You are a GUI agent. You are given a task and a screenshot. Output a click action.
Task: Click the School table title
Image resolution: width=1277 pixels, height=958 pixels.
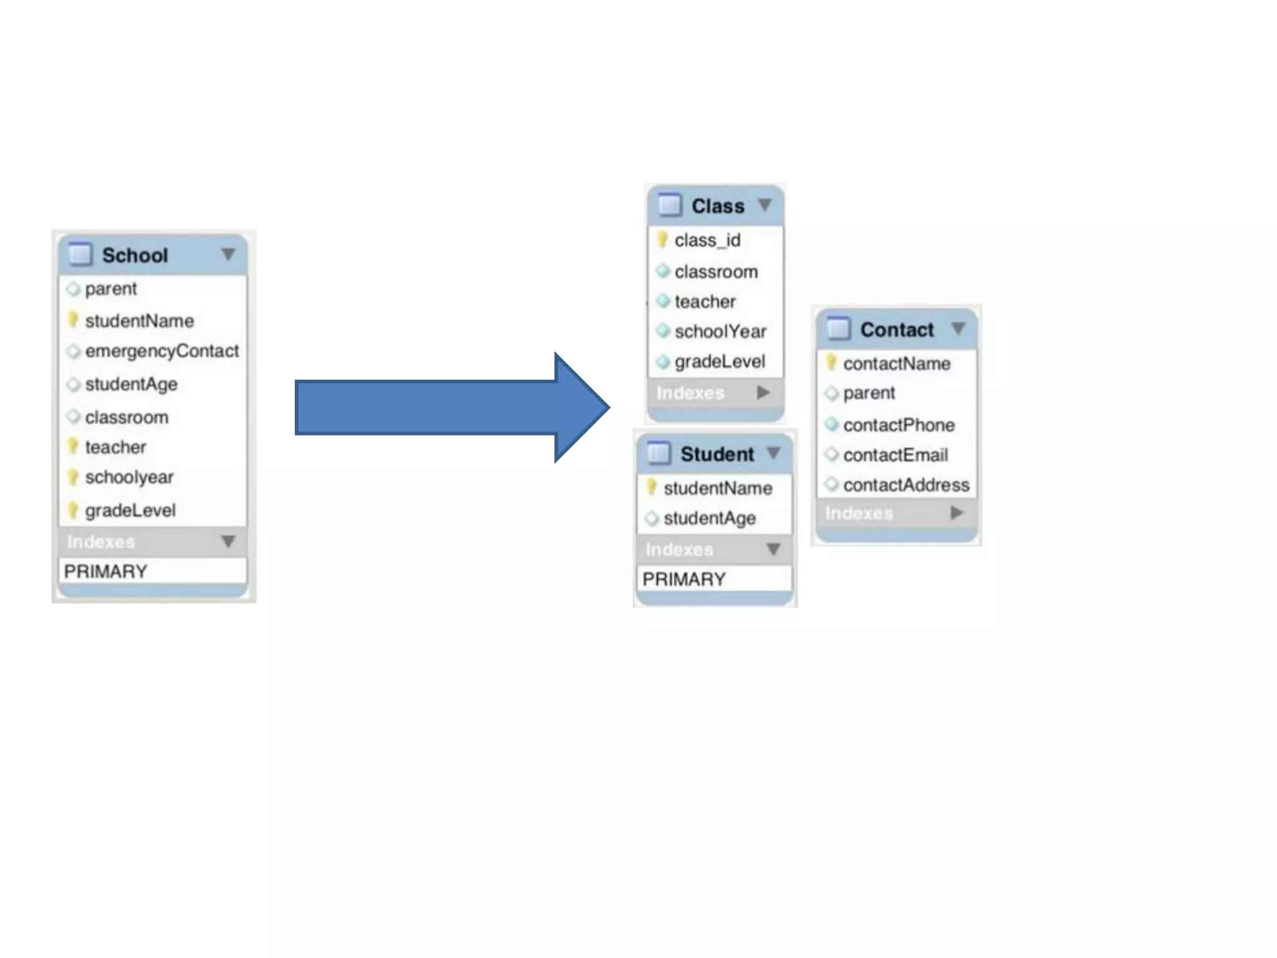(135, 255)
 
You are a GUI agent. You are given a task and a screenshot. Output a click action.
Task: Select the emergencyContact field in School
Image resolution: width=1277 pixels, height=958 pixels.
(161, 351)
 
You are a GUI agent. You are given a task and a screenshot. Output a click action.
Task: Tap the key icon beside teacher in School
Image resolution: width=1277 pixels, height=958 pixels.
(73, 446)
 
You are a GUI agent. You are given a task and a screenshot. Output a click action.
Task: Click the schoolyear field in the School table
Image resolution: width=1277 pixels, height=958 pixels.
(129, 477)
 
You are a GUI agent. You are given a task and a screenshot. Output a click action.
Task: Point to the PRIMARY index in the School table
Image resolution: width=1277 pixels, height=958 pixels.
(106, 571)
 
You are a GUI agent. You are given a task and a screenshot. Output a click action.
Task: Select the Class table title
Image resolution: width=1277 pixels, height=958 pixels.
(718, 206)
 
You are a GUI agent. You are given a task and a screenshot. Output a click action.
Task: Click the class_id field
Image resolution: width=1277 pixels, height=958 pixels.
(707, 240)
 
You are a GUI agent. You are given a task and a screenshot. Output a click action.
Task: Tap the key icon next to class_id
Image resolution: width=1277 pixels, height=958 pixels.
(662, 239)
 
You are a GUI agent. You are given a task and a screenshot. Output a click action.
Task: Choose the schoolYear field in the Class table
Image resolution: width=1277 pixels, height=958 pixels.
(720, 331)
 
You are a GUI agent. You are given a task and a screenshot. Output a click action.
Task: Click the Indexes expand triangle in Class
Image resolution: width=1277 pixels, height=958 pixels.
(763, 392)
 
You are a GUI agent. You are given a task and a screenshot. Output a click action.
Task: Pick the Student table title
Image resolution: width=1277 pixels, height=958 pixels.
(717, 454)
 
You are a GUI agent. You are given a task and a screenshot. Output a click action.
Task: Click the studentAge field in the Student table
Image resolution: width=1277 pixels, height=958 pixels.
(710, 518)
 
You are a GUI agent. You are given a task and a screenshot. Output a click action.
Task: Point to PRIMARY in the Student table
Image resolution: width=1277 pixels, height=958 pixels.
(684, 579)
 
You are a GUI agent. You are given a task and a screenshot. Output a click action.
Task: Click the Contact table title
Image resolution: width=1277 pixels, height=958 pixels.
(897, 329)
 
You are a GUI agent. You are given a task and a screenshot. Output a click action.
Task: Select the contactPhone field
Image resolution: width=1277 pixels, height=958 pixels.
(899, 425)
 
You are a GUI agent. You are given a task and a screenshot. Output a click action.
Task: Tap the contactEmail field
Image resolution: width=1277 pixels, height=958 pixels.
(895, 455)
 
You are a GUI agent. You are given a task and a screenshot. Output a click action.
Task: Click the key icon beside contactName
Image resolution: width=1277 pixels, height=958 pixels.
(831, 362)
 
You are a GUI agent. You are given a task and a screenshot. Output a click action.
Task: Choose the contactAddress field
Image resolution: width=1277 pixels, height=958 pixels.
(906, 485)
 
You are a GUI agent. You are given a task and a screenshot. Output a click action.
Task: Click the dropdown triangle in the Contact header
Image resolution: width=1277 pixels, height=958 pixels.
(958, 328)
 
